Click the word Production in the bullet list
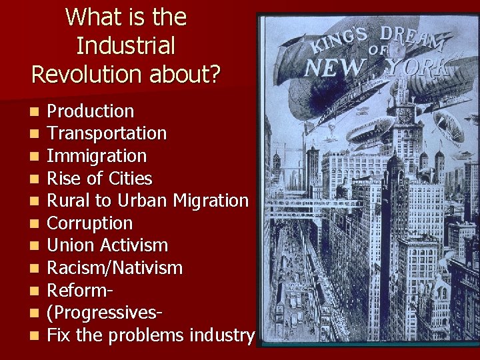pos(91,111)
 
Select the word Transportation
pos(107,134)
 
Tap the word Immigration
pos(97,157)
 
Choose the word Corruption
pos(90,223)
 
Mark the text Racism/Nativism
pos(115,268)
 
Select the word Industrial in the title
pos(125,45)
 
